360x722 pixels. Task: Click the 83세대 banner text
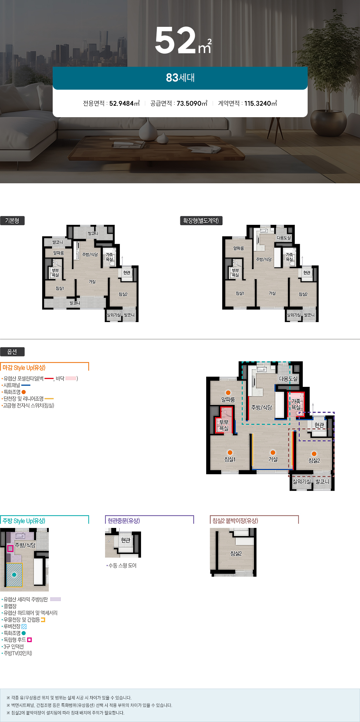(180, 78)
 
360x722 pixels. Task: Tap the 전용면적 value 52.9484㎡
(124, 103)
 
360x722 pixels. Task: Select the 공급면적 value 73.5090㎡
(192, 103)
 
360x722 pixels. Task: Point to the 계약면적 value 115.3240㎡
(261, 103)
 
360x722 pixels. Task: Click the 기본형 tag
(12, 221)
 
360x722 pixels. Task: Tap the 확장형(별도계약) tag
(201, 221)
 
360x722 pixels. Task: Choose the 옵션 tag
(12, 352)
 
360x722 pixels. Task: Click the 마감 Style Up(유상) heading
(24, 368)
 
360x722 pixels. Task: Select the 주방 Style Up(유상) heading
(24, 521)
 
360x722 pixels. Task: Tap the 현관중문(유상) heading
(124, 521)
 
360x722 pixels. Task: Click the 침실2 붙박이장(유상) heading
(235, 521)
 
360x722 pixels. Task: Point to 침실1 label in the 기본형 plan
(60, 288)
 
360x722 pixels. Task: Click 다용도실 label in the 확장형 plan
(284, 238)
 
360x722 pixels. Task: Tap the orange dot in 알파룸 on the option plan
(228, 393)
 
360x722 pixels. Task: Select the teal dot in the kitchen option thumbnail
(14, 575)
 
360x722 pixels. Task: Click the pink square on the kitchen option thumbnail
(10, 548)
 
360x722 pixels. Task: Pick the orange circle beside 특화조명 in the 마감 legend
(24, 392)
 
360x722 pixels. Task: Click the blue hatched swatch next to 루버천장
(24, 626)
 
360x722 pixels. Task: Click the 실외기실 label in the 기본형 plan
(114, 315)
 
